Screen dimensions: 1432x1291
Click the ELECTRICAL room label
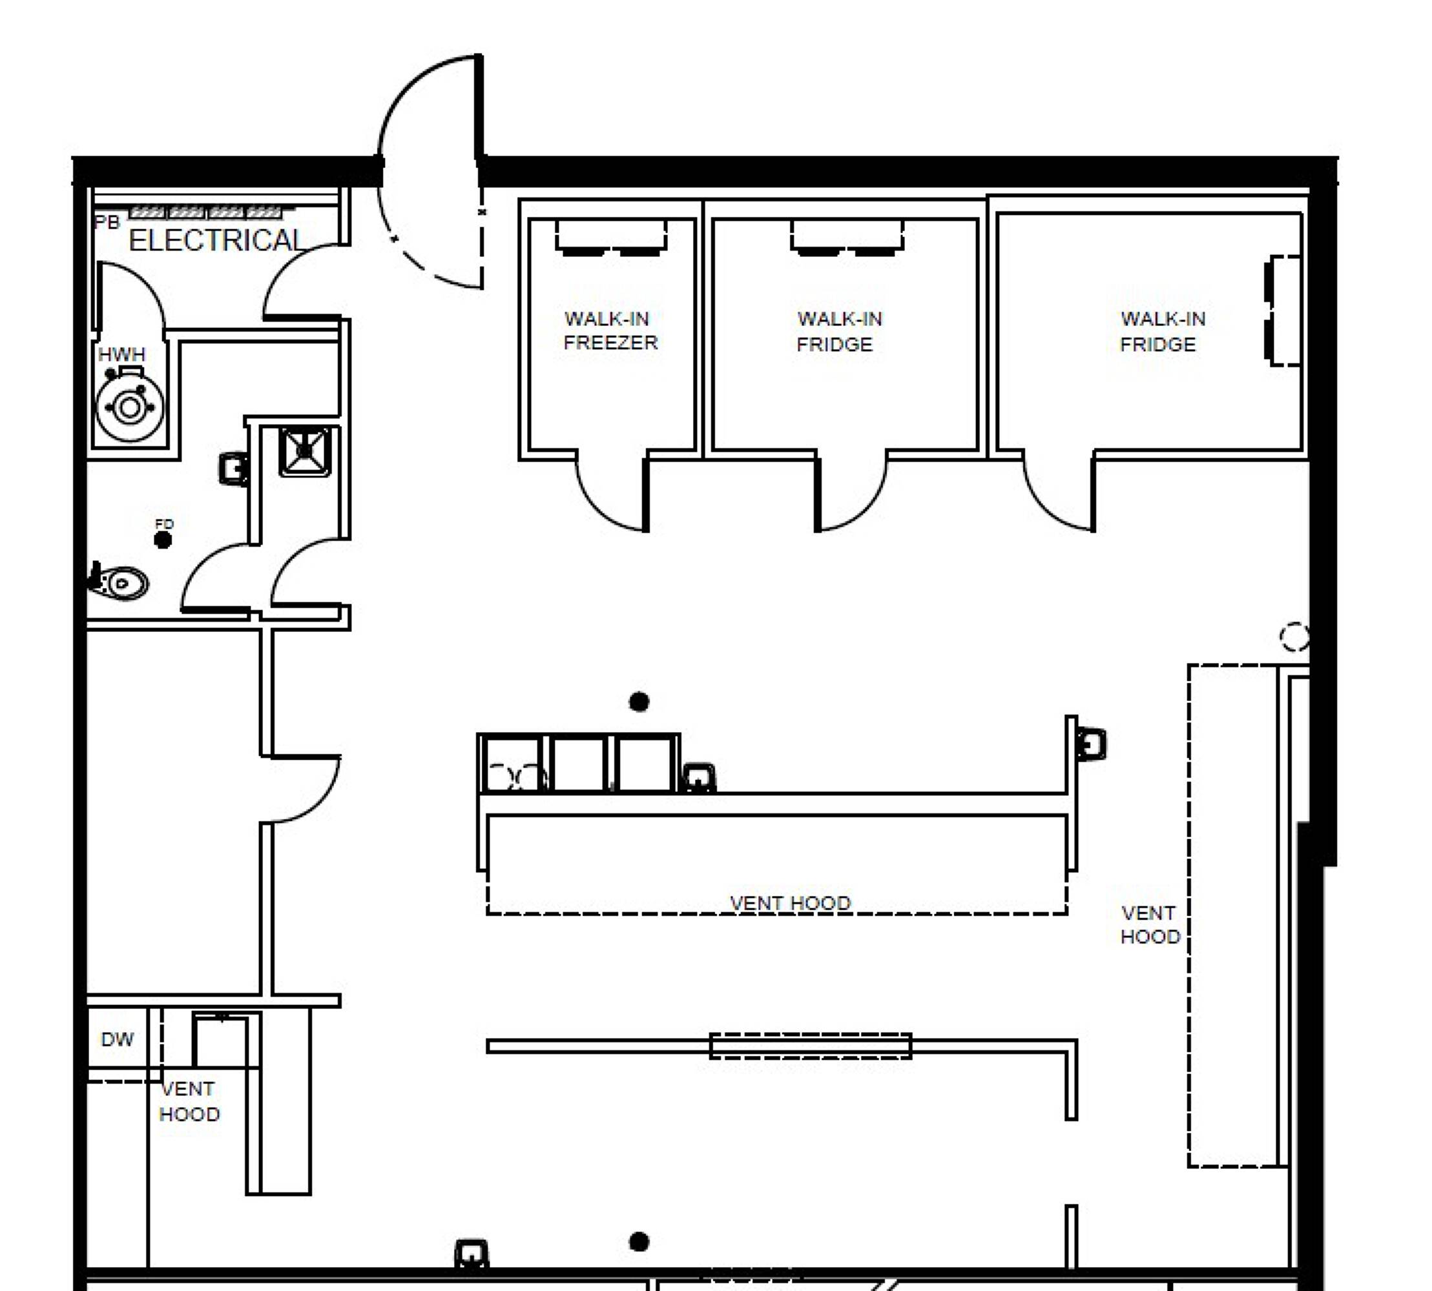point(216,241)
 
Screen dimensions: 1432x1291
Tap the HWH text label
point(121,354)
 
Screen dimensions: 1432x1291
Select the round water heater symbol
point(130,407)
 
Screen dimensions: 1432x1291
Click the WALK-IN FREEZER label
point(610,330)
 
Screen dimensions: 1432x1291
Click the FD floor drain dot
point(163,540)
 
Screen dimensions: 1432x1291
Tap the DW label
point(117,1040)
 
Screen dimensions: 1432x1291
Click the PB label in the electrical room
point(107,222)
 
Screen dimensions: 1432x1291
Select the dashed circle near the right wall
point(1294,636)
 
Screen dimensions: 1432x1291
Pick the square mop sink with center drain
point(304,451)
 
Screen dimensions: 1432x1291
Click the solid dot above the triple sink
point(639,702)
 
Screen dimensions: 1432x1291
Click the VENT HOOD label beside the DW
point(189,1102)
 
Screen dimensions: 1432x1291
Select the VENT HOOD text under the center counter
point(790,903)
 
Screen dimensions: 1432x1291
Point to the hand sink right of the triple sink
point(698,777)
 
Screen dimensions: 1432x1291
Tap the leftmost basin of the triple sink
point(512,763)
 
